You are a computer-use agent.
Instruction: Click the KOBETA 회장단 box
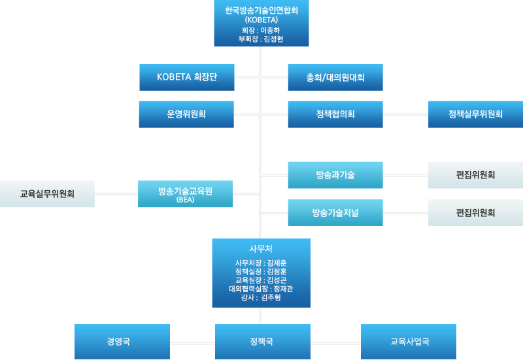tap(186, 77)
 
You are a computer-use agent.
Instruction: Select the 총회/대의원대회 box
tap(335, 77)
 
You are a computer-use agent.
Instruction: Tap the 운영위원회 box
tap(186, 114)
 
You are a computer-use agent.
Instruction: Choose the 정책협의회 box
tap(335, 114)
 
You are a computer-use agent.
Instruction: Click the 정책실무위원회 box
tap(475, 114)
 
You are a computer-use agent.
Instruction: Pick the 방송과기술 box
tap(335, 174)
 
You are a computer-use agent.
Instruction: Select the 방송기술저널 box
tap(335, 212)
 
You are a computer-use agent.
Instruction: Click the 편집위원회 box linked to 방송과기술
tap(475, 174)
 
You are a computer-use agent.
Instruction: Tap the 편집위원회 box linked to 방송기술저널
tap(475, 212)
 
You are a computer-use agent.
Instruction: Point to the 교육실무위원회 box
tap(47, 193)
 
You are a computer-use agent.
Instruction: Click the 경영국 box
tap(122, 341)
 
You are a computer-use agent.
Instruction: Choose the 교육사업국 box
tap(409, 341)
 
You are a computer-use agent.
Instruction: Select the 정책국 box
tap(261, 341)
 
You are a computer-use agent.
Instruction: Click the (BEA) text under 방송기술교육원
tap(186, 200)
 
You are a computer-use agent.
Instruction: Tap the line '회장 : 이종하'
tap(261, 30)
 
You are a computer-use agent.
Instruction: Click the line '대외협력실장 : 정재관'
tap(261, 288)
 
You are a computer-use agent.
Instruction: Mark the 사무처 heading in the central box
tap(261, 248)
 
